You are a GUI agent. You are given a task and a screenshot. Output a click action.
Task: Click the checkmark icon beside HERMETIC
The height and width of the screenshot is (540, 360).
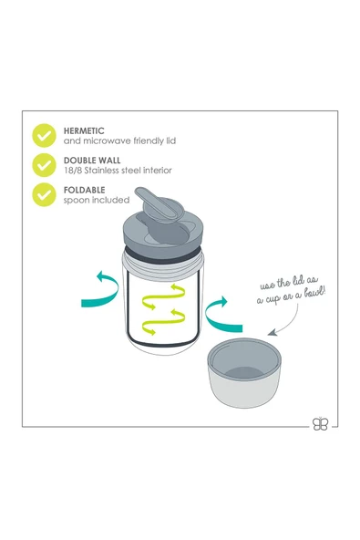point(45,136)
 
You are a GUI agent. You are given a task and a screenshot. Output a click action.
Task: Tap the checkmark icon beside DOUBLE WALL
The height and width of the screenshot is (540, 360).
point(45,165)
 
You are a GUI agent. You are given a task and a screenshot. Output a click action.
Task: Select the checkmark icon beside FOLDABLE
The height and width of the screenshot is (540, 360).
point(45,194)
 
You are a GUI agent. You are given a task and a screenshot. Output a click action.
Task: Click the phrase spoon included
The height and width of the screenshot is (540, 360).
point(97,200)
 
